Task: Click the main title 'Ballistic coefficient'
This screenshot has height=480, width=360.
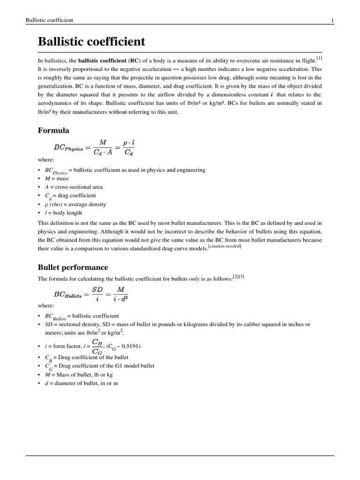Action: pyautogui.click(x=91, y=42)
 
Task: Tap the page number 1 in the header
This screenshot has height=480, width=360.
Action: pyautogui.click(x=332, y=20)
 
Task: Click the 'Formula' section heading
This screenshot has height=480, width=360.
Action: pyautogui.click(x=53, y=130)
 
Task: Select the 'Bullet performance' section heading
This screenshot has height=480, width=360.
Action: pyautogui.click(x=73, y=267)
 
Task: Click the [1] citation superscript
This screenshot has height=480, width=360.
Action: pyautogui.click(x=319, y=58)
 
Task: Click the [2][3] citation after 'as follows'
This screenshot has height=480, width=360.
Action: pyautogui.click(x=239, y=277)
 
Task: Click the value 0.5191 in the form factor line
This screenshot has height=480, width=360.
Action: pyautogui.click(x=130, y=346)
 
